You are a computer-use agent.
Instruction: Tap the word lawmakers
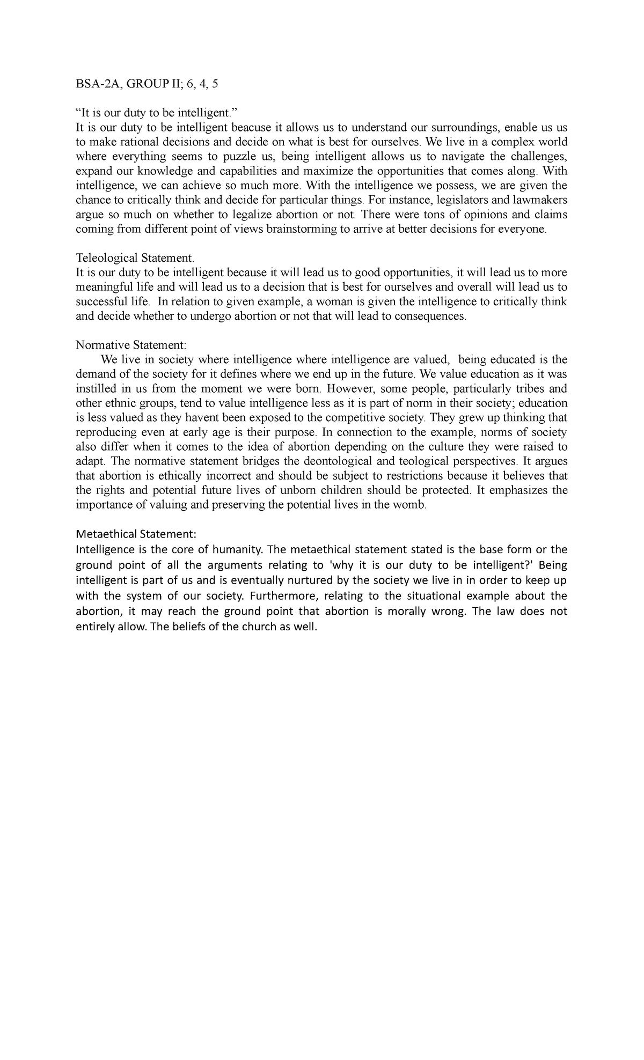(539, 200)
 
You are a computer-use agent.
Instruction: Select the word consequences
(430, 316)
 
